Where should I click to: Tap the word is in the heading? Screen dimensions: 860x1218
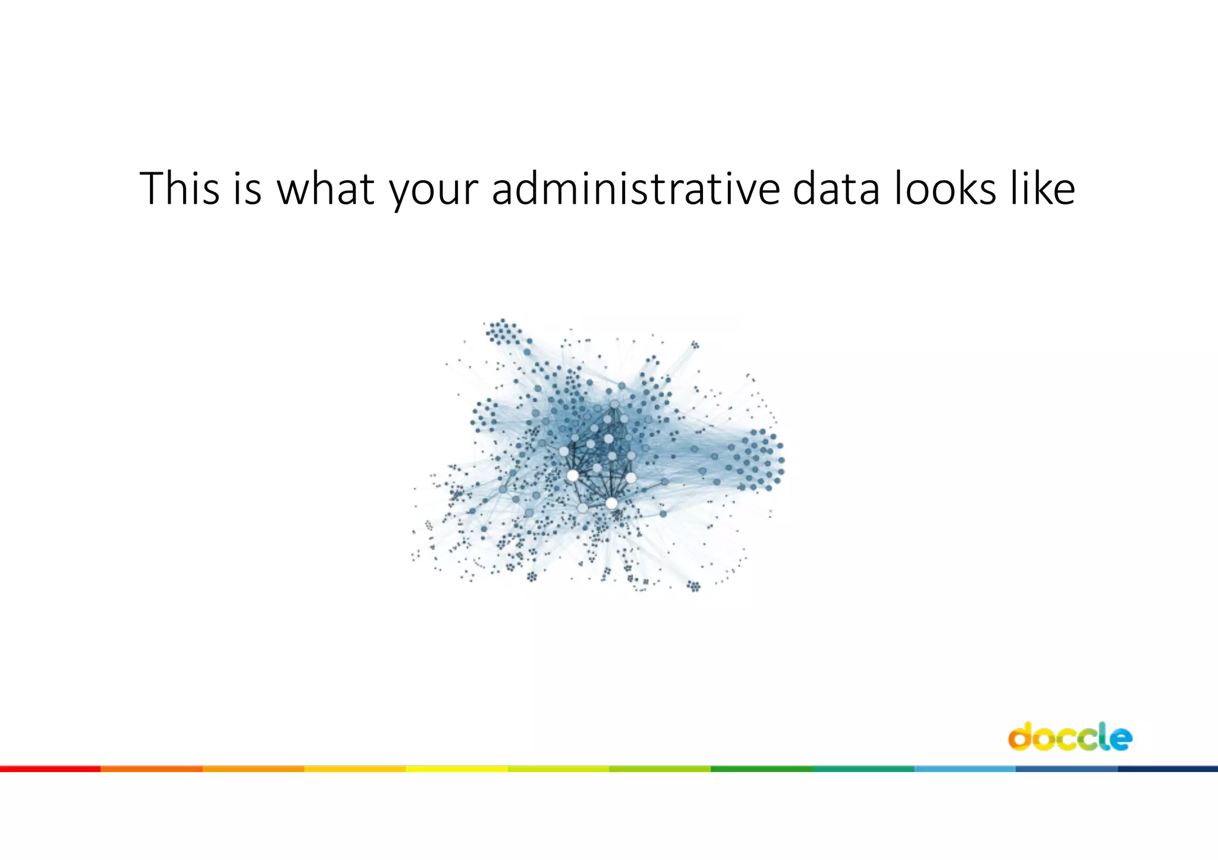(247, 188)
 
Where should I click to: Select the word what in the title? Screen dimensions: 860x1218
(326, 188)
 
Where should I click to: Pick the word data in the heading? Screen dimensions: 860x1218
(836, 188)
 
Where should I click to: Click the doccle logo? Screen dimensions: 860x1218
(1070, 737)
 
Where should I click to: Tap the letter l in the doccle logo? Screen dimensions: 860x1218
(1104, 736)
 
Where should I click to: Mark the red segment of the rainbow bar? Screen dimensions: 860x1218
(51, 769)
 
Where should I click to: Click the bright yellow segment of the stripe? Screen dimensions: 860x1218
(457, 769)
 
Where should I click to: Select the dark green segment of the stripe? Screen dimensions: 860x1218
(761, 769)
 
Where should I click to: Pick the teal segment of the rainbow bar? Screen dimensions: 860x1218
(863, 769)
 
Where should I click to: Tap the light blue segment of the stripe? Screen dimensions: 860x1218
(965, 769)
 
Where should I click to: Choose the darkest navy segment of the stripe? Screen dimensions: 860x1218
(1167, 769)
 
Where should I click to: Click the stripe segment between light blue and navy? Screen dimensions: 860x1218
(1066, 769)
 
